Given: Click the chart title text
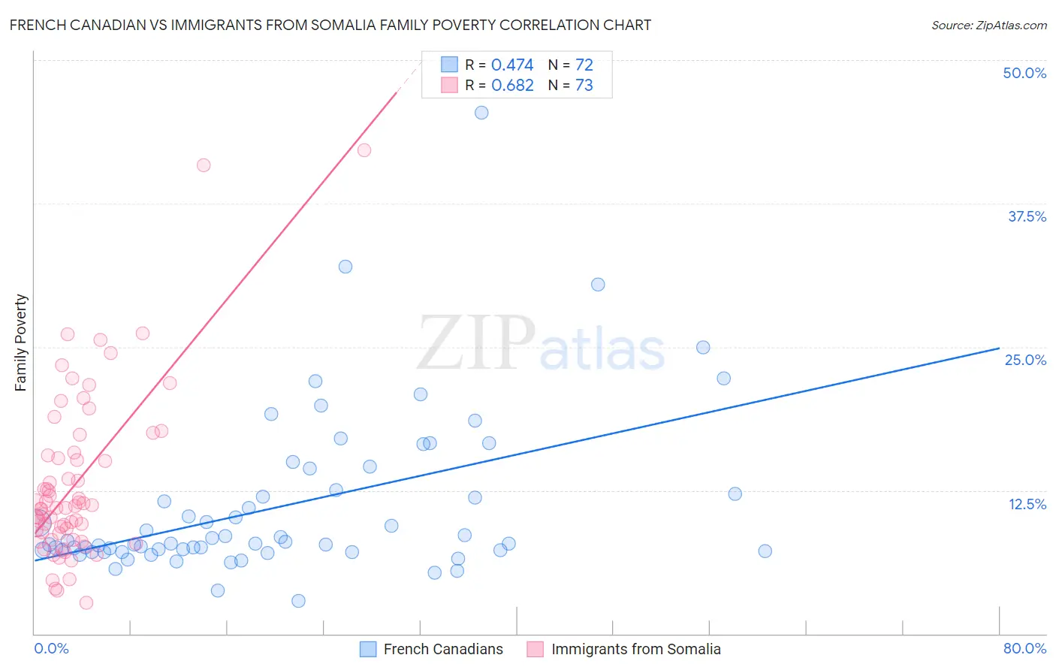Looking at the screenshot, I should click(x=330, y=25).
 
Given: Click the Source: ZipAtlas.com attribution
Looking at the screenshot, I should click(x=988, y=25).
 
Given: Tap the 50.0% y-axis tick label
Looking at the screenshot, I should click(x=1024, y=73).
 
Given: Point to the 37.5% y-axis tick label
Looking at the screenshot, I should click(x=1027, y=216).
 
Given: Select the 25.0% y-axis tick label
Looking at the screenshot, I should click(x=1025, y=360).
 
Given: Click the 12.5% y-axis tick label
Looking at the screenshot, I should click(x=1027, y=504).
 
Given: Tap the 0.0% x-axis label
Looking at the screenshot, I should click(x=51, y=648).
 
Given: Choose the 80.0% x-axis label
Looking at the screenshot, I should click(x=1024, y=648).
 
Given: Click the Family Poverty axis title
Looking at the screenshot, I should click(x=21, y=343).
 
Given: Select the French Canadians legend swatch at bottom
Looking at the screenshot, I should click(x=368, y=649).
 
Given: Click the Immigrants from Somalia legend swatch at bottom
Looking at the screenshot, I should click(x=535, y=649).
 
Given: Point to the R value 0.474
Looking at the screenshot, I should click(x=512, y=65).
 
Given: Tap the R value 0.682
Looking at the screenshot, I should click(x=512, y=86).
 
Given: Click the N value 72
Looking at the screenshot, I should click(x=584, y=65).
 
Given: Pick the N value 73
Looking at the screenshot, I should click(x=584, y=86).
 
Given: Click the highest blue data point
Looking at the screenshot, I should click(x=481, y=113).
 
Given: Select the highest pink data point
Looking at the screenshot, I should click(x=364, y=150).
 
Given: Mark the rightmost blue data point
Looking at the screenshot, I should click(x=765, y=551).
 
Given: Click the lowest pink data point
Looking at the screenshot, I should click(x=86, y=602).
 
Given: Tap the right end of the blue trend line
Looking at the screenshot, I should click(x=999, y=349).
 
